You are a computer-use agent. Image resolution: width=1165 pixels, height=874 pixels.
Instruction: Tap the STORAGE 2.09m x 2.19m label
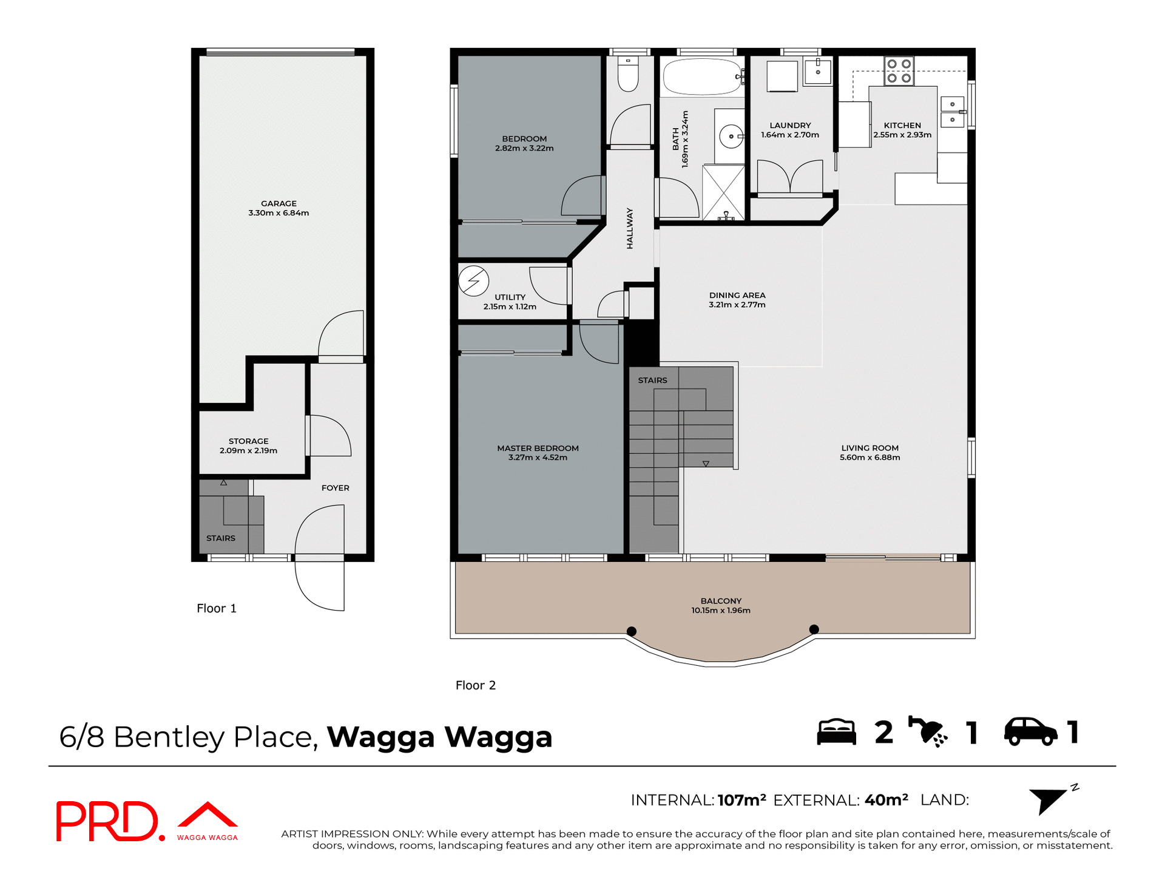coord(248,446)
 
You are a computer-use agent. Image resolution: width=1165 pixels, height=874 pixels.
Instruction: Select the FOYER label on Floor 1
coord(335,488)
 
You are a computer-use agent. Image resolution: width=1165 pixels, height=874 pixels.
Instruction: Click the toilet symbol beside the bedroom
coord(628,74)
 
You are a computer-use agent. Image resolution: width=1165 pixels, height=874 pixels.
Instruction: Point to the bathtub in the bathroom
coord(702,77)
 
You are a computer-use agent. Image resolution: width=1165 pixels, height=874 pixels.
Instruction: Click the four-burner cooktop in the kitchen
coord(899,71)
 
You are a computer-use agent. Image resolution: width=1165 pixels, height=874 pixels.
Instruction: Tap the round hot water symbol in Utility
coord(473,281)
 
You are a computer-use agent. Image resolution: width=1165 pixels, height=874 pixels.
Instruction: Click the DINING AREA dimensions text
coord(737,305)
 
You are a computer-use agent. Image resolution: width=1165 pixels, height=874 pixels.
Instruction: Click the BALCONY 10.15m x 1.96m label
coord(721,606)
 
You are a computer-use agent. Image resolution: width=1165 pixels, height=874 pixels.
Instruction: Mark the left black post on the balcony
coord(631,631)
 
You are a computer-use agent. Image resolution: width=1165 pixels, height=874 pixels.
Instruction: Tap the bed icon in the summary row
coord(836,732)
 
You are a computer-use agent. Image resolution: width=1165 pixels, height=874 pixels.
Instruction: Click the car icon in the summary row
coord(1030,731)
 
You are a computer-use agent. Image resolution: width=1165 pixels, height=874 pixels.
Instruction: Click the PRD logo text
coord(108,821)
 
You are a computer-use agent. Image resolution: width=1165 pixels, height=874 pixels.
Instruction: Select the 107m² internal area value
coord(741,800)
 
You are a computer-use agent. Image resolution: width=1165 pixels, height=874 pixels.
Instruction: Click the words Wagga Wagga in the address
coord(439,737)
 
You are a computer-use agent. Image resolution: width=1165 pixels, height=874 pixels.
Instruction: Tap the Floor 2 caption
coord(476,685)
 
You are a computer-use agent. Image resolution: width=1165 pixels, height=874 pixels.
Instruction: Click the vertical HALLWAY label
coord(630,229)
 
